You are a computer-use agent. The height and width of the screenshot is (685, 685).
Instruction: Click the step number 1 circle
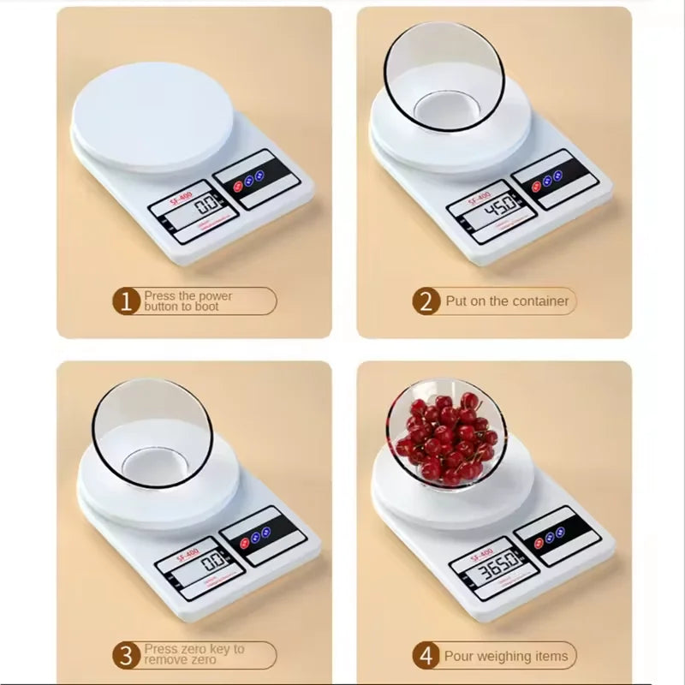(x=128, y=301)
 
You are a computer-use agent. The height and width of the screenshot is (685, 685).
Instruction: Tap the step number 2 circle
(x=426, y=301)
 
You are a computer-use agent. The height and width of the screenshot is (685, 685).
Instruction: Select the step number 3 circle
(x=128, y=657)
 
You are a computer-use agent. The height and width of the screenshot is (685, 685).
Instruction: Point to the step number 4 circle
(x=426, y=657)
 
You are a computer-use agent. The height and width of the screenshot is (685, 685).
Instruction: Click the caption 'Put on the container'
(x=506, y=301)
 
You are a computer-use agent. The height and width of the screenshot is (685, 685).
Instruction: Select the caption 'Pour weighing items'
(x=505, y=657)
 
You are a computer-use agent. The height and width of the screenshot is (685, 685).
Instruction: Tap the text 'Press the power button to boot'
(x=188, y=301)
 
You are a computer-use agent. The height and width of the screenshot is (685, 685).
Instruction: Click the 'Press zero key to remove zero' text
(x=194, y=655)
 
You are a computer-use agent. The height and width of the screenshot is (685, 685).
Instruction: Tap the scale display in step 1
(x=204, y=207)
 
